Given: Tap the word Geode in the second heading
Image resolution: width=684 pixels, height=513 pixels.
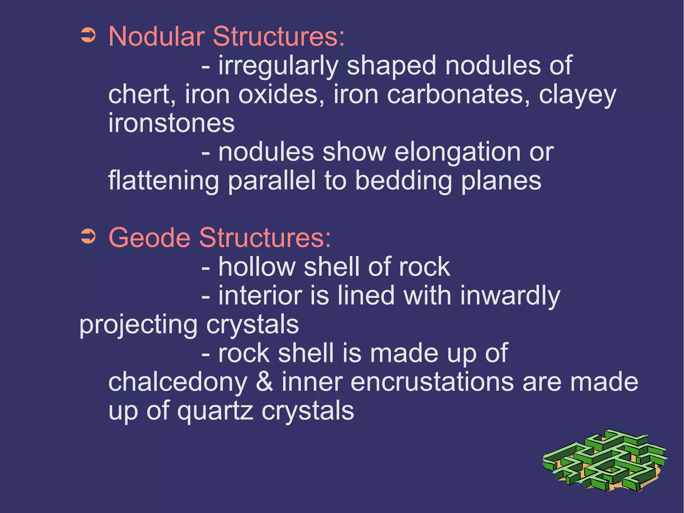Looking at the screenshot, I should point(149,238).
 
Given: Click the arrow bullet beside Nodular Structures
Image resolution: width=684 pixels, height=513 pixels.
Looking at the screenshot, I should point(88,35).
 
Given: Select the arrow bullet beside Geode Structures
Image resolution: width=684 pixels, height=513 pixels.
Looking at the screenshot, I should point(88,237).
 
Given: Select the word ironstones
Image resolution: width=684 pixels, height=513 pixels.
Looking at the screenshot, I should point(172,123).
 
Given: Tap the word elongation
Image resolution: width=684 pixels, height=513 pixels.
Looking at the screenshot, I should point(457,152).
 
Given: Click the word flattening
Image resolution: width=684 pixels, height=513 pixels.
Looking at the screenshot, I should point(164,181).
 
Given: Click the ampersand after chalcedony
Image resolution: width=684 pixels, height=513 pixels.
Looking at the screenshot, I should point(264,382).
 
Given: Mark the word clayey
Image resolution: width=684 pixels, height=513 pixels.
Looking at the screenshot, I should point(577,95).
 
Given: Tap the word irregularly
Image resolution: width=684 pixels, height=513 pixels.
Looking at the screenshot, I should point(279,66).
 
